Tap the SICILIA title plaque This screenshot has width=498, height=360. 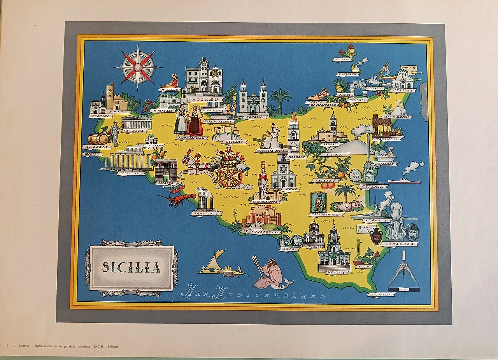(x=132, y=267)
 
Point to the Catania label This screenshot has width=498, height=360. (x=372, y=187)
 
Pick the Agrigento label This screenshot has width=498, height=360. (x=206, y=213)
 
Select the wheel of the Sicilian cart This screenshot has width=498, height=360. (x=229, y=176)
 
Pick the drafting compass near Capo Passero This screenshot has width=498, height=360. (x=404, y=272)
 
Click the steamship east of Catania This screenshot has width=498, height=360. (x=404, y=181)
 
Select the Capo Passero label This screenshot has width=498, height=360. (x=381, y=295)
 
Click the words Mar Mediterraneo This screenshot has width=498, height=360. (x=253, y=292)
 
